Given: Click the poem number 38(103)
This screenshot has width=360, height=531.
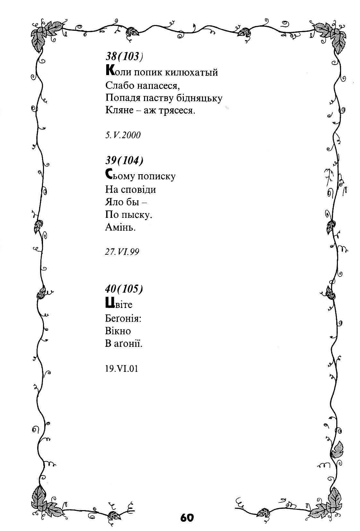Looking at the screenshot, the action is [124, 57].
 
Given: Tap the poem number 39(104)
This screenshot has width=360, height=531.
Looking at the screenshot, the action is [124, 160].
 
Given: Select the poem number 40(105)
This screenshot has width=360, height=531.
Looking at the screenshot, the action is [124, 289].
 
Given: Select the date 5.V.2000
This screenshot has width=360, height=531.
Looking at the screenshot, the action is [123, 135].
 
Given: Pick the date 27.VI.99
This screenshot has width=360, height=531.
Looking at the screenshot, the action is [122, 252].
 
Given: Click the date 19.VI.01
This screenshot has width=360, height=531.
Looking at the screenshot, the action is [121, 368].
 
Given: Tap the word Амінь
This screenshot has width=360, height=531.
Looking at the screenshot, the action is [120, 227].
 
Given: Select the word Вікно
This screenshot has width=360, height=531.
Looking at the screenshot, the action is [118, 331].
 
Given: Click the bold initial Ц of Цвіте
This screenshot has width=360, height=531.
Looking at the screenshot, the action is [109, 303].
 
